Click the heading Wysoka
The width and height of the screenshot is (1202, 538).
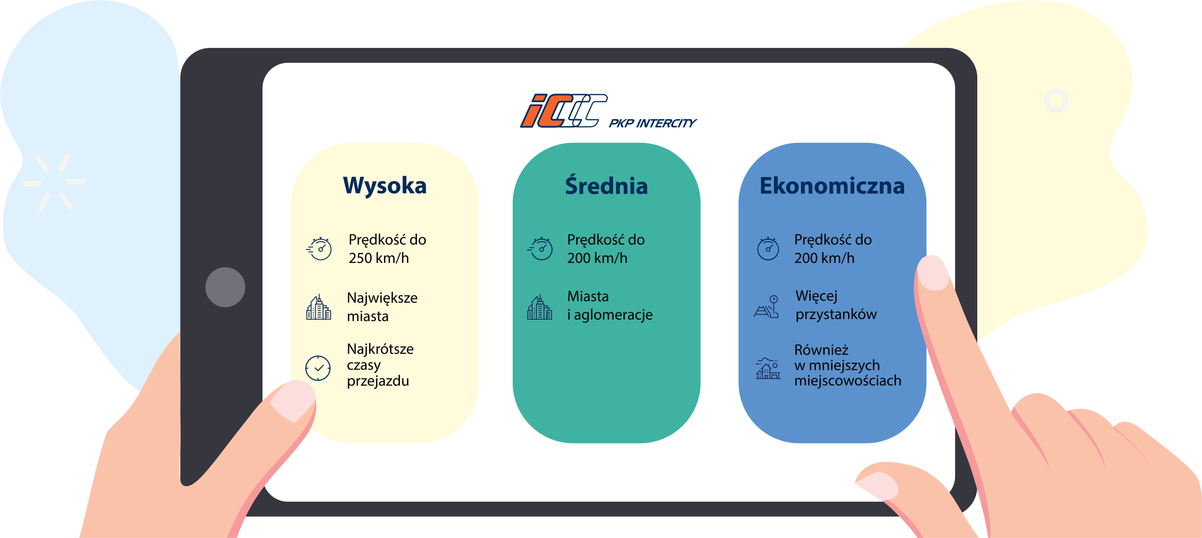coord(385,185)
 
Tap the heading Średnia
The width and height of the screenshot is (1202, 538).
coord(606,185)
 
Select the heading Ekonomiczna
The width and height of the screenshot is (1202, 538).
coord(832,186)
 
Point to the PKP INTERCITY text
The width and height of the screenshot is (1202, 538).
coord(652,123)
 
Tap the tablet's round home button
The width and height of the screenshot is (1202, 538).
coord(225,287)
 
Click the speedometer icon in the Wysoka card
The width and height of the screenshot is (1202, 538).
coord(319,249)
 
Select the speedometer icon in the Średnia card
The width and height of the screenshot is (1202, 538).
coord(540,249)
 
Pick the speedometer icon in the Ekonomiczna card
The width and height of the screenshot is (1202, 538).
coord(768,249)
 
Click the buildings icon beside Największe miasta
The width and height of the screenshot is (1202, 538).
coord(319,307)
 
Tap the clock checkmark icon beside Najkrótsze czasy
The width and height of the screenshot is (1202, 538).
coord(318,369)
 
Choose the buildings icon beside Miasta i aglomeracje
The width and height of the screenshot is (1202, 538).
coord(539,307)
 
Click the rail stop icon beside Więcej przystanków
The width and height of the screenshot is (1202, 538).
coord(767,307)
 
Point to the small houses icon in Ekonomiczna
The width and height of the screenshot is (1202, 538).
coord(768,369)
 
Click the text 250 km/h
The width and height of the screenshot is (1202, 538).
coord(379,258)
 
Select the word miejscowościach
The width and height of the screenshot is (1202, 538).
coord(848,381)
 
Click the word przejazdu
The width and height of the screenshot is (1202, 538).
coord(378,382)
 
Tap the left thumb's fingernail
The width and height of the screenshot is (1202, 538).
coord(293,400)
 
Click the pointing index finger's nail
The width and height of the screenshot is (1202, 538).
coord(933,273)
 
